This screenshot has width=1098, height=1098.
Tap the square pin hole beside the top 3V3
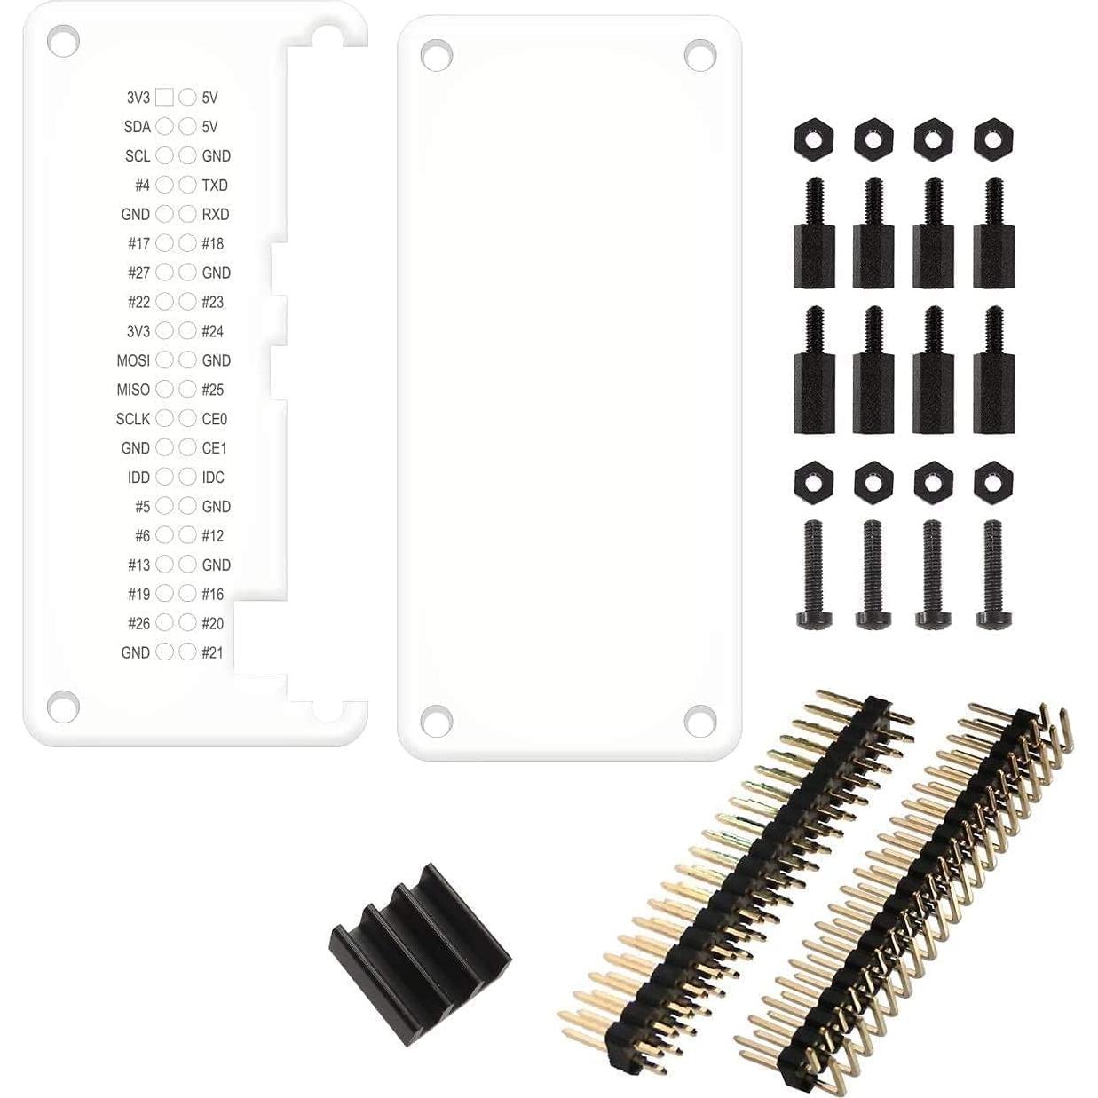click(164, 97)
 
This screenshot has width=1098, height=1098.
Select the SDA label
click(138, 127)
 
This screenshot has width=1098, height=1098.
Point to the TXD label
click(215, 185)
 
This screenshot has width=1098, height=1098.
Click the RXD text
click(216, 214)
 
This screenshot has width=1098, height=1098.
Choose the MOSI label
click(133, 360)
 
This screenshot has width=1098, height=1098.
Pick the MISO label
click(133, 390)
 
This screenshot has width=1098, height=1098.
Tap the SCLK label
click(133, 419)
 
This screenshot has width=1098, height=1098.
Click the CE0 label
click(215, 419)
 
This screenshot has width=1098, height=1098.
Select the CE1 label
click(215, 448)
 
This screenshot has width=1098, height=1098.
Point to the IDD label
click(138, 478)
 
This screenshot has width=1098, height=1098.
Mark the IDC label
click(213, 478)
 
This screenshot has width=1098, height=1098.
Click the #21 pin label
click(212, 652)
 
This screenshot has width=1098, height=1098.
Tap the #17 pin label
click(138, 243)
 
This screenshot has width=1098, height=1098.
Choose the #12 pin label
click(212, 536)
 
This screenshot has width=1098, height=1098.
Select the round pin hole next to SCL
click(164, 155)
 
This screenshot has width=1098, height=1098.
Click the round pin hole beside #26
click(164, 623)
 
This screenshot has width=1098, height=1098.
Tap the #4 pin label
click(142, 185)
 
